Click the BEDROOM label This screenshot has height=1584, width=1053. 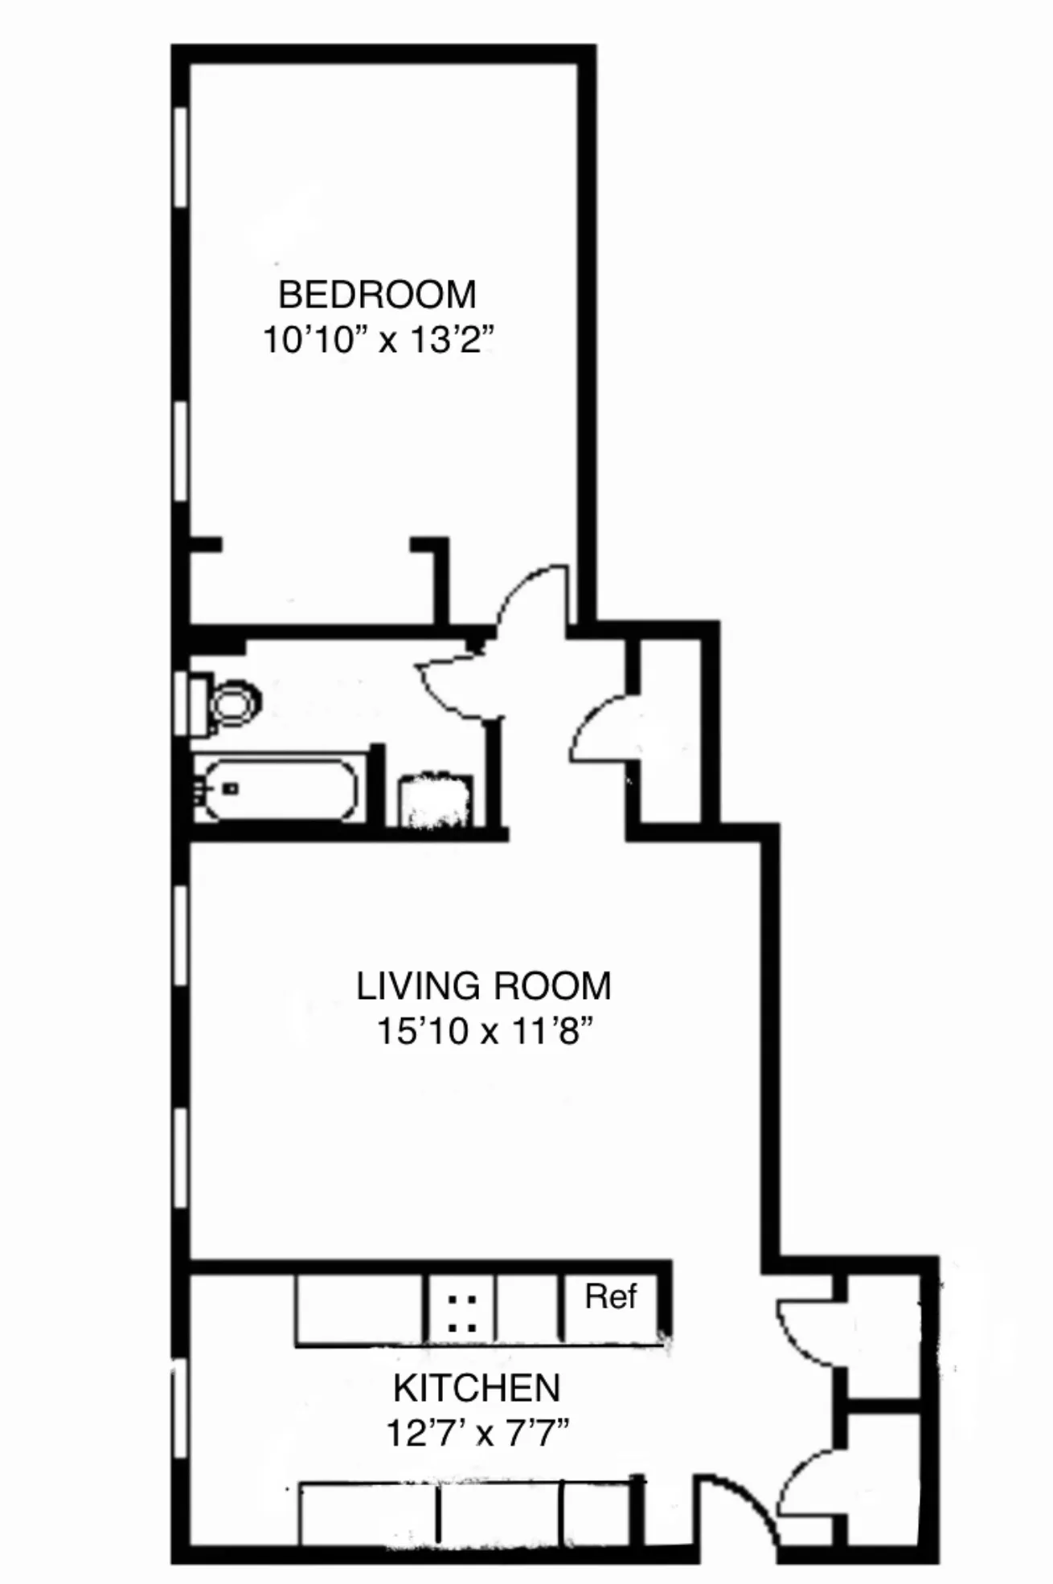point(377,295)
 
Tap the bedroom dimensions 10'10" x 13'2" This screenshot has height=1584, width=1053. point(377,340)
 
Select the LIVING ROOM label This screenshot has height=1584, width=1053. point(483,986)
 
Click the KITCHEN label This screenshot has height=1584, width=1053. point(477,1388)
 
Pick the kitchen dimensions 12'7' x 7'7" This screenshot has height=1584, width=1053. point(477,1433)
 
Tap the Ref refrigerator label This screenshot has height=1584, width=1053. point(610,1296)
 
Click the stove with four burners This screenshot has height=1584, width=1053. point(461,1312)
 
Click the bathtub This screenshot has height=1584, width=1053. point(277,790)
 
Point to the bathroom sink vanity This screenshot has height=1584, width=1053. point(436,800)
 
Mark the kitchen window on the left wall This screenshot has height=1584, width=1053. point(180,1412)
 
